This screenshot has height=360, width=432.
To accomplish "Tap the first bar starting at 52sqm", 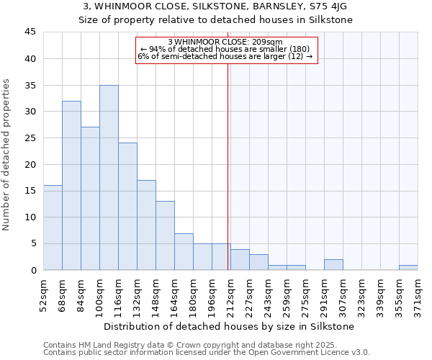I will [53, 228].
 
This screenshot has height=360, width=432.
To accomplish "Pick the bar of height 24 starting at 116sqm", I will [127, 207].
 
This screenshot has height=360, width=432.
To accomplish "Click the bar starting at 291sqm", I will [333, 265].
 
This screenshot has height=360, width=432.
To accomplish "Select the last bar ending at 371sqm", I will [408, 268].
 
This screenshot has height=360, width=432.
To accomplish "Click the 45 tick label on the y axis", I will [30, 32].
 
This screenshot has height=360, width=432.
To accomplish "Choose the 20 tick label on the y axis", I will [30, 164].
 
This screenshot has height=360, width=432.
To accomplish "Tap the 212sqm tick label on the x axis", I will [231, 294].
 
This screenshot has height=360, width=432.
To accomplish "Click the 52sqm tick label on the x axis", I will [44, 294].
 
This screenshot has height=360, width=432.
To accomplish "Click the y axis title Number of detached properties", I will [7, 155].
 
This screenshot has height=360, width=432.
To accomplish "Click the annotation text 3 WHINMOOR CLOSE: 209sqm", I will [225, 42].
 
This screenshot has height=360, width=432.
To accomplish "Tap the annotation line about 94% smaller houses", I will [225, 49].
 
